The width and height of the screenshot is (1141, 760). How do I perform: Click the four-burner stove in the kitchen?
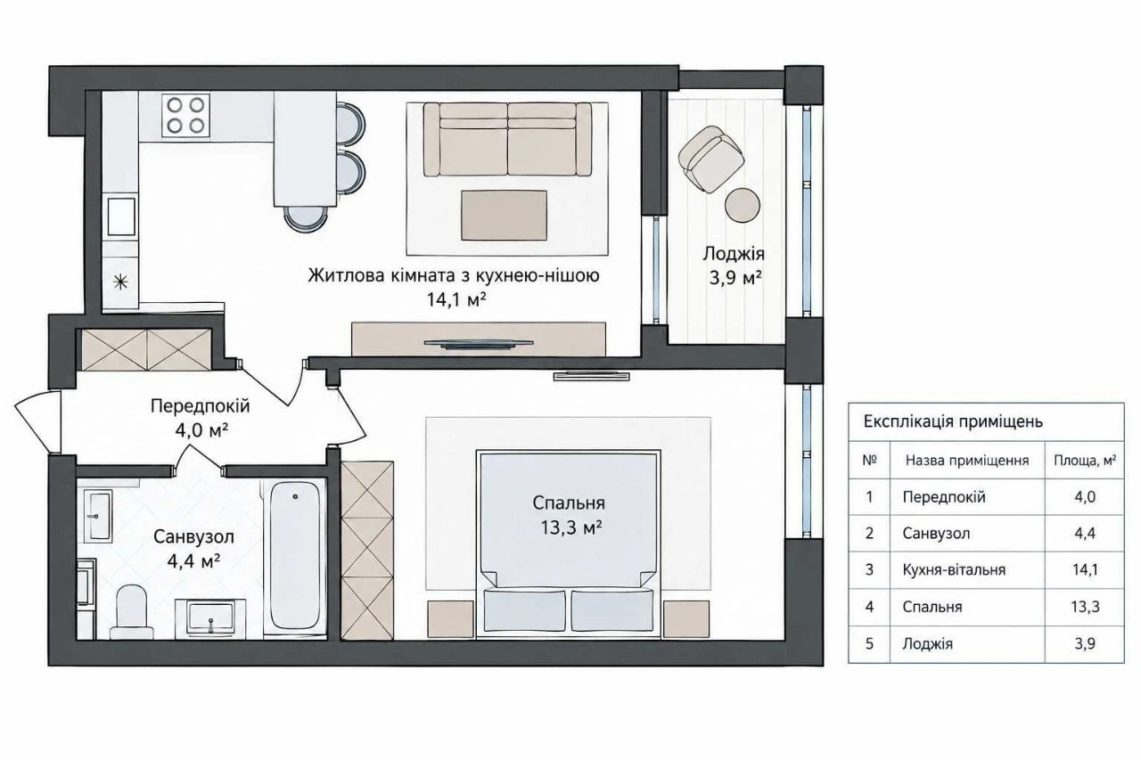[x=186, y=115]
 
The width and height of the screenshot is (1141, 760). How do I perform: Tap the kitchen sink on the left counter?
[x=120, y=217]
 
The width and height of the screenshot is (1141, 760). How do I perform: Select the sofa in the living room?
[x=508, y=140]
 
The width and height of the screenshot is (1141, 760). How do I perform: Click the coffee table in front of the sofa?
[x=504, y=216]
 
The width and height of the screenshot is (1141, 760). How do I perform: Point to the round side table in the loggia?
[x=743, y=205]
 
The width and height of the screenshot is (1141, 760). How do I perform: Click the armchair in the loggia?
[x=710, y=159]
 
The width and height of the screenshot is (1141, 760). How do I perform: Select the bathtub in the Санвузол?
[x=295, y=555]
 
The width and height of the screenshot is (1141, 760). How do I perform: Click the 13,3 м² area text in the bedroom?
[x=571, y=527]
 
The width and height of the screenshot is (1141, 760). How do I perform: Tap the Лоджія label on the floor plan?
[x=734, y=254]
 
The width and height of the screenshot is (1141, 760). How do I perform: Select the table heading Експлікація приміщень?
[x=953, y=422]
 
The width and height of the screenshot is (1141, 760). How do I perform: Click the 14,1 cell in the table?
[x=1085, y=569]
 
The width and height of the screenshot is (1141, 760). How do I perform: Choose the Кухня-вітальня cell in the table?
[x=954, y=569]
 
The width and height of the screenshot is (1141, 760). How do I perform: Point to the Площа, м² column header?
[x=1085, y=461]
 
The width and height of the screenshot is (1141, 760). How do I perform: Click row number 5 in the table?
[x=869, y=644]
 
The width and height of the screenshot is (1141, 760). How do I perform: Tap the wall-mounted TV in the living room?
[x=479, y=344]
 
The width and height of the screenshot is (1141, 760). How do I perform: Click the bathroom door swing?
[x=199, y=458]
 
